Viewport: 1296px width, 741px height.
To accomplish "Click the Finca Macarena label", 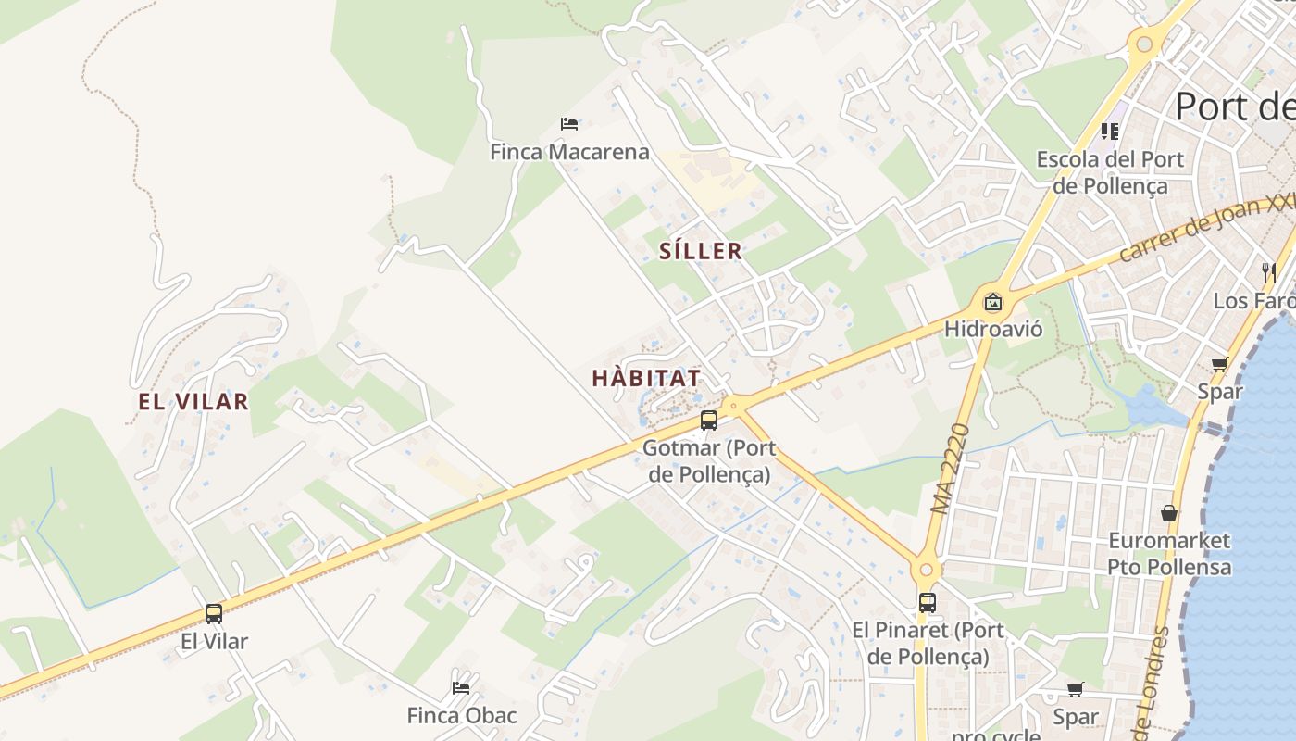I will pyautogui.click(x=569, y=152).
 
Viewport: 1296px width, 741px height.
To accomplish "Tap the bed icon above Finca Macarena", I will pyautogui.click(x=569, y=123).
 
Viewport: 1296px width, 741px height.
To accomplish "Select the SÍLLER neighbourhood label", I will pyautogui.click(x=701, y=251).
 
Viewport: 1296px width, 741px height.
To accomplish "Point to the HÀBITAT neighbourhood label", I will pyautogui.click(x=646, y=379).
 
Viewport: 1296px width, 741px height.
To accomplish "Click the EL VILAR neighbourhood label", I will pyautogui.click(x=193, y=402).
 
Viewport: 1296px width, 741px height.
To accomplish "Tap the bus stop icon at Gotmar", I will pyautogui.click(x=709, y=421).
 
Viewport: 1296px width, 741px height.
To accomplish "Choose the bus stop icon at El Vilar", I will pyautogui.click(x=214, y=613).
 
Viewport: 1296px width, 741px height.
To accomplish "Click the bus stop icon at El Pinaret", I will pyautogui.click(x=928, y=602).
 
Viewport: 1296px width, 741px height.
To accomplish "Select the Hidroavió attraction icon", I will pyautogui.click(x=993, y=301).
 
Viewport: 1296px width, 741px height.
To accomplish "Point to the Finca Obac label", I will pyautogui.click(x=462, y=716).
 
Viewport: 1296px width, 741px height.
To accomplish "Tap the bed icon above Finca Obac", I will pyautogui.click(x=461, y=687).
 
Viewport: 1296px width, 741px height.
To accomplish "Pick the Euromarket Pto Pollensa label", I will pyautogui.click(x=1169, y=553).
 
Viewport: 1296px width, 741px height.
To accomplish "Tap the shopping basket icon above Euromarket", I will pyautogui.click(x=1169, y=512).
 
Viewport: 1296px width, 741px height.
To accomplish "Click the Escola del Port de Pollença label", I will pyautogui.click(x=1110, y=172).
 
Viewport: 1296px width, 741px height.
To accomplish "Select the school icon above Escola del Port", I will pyautogui.click(x=1110, y=132).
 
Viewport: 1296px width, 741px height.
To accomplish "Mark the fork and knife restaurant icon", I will pyautogui.click(x=1268, y=272).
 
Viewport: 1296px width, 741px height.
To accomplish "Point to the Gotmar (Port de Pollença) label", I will pyautogui.click(x=709, y=461).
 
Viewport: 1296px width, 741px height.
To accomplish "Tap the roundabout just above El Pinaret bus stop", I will pyautogui.click(x=926, y=570).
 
